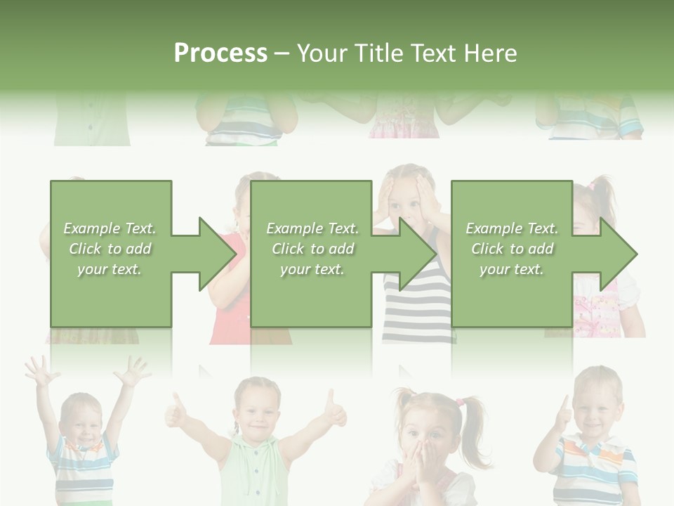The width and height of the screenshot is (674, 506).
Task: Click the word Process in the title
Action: point(220,53)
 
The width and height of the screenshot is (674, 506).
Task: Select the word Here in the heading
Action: point(489,53)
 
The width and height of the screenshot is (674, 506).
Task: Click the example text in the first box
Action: point(110,249)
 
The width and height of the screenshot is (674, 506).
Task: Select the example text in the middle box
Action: point(312,249)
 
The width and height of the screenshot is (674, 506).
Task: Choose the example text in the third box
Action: point(512,249)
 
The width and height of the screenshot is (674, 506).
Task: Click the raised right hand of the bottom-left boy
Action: point(132,370)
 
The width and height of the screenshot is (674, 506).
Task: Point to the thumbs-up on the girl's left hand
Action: point(176,413)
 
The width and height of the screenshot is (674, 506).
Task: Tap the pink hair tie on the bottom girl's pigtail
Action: point(461,403)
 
